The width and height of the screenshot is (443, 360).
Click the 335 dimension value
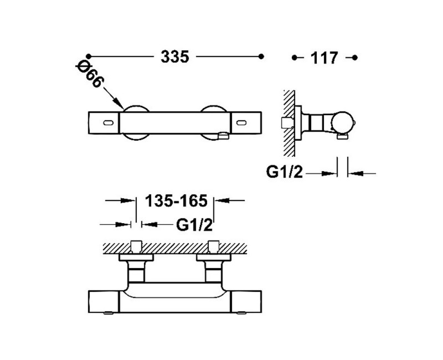pos(175,57)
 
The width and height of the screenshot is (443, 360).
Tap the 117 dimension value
pos(324,58)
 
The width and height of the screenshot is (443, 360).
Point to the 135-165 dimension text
pos(176,201)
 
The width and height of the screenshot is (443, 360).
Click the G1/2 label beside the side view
pos(285,172)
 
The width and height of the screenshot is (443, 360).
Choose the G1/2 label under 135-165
pos(194,225)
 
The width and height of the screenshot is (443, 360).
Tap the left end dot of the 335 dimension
pos(89,56)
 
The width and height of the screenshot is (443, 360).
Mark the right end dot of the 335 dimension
pos(261,56)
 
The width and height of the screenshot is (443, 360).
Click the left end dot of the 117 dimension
pos(295,58)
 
